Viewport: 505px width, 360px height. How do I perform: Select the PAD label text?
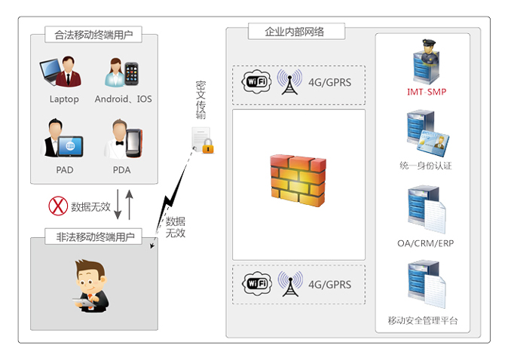coord(64,169)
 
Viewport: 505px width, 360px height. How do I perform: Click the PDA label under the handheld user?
coord(121,169)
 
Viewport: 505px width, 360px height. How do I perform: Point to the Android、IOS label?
coord(123,99)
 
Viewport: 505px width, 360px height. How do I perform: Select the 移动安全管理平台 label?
coord(423,320)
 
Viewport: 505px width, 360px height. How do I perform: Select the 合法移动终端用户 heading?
coord(93,35)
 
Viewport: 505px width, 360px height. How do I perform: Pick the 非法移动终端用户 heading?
coord(95,236)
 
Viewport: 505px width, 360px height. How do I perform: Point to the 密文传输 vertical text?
coord(200,99)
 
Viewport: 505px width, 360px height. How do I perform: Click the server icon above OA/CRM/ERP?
coord(423,210)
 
